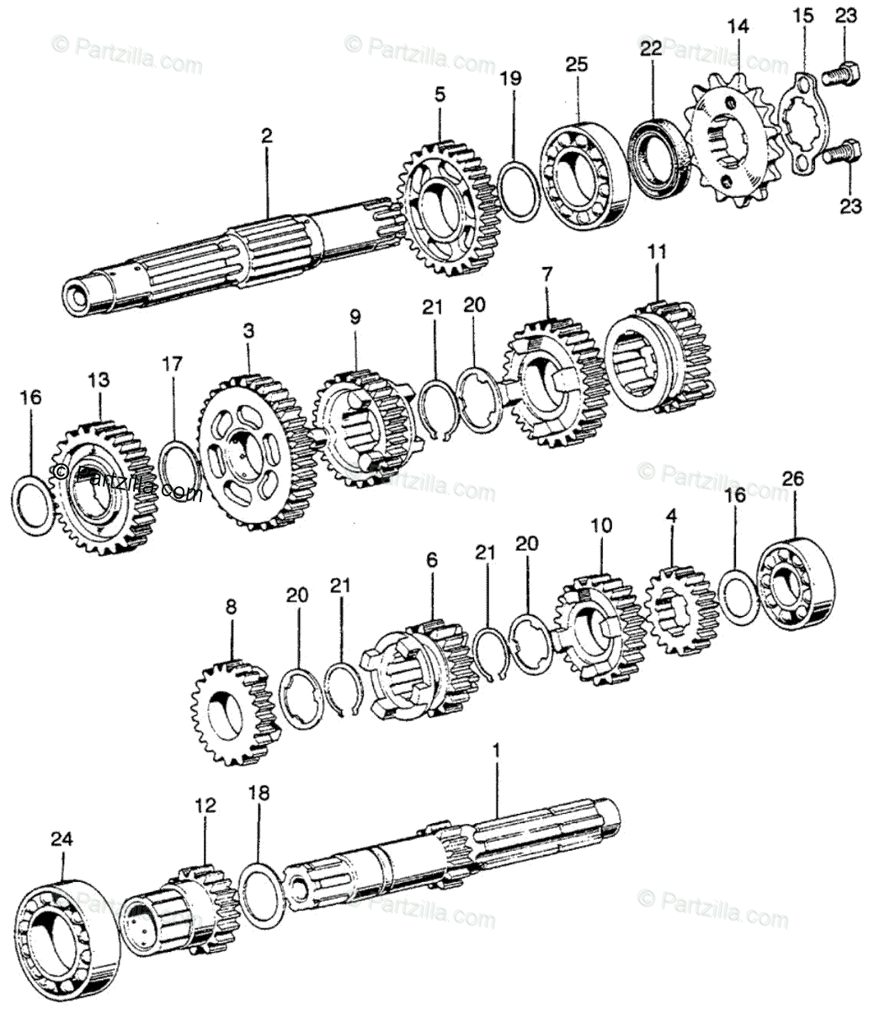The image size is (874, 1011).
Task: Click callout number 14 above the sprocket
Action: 738,27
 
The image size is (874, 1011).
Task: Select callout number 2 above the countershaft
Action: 267,135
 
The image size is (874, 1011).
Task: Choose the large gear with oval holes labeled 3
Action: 250,452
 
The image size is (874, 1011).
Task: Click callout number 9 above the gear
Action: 354,317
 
